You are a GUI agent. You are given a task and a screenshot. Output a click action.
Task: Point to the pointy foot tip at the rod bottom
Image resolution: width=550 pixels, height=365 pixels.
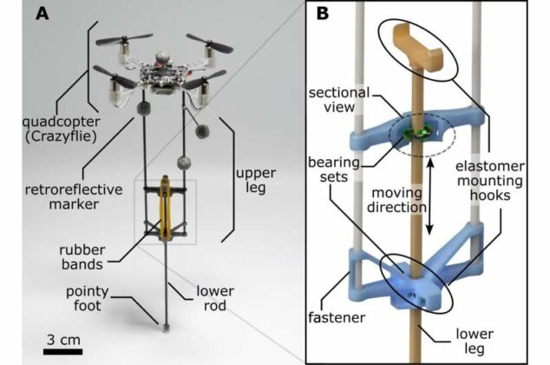(162, 328)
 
